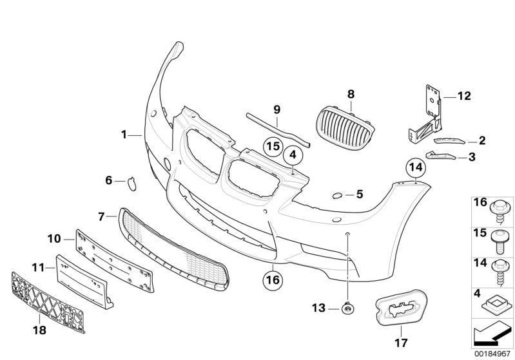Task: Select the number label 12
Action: pos(464,97)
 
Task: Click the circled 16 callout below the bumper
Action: pos(273,280)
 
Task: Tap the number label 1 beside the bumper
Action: pos(123,135)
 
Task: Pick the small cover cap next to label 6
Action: pos(131,183)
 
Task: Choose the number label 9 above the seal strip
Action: pos(277,109)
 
